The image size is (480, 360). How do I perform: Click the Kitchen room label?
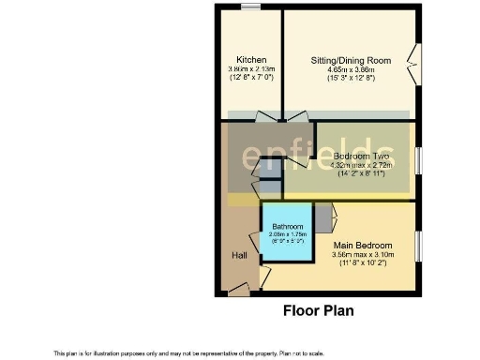[251, 58]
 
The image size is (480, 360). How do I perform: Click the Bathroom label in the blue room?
[288, 228]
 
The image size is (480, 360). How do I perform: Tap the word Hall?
[240, 255]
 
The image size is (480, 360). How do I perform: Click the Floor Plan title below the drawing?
[319, 310]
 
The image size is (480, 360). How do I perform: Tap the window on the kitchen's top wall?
[250, 7]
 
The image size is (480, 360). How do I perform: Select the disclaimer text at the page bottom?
[188, 352]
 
